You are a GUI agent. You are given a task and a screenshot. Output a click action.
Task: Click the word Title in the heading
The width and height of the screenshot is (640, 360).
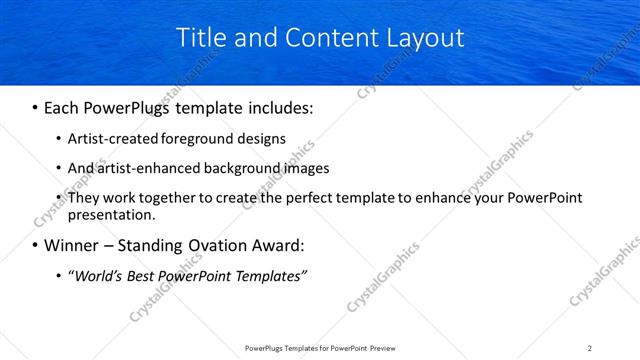198,39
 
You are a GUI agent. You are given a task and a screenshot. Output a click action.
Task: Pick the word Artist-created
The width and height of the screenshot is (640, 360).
111,138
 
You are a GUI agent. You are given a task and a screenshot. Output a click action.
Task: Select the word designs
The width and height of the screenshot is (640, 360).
263,138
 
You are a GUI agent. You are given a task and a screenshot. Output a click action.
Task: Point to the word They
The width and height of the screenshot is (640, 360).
84,198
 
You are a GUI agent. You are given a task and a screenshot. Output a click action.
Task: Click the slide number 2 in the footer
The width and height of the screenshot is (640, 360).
590,348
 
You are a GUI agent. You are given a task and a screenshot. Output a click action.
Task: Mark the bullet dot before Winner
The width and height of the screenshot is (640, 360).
35,246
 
